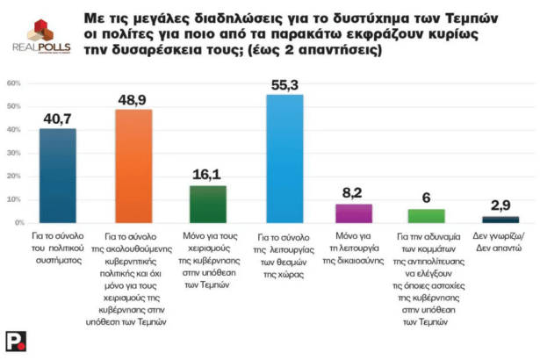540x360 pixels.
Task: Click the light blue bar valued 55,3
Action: (284, 159)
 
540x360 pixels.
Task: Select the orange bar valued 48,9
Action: (134, 166)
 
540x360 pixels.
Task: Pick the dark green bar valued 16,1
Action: (208, 204)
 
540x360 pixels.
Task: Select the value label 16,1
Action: (208, 174)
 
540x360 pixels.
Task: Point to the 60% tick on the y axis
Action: (14, 83)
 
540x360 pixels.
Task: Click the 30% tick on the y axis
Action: (14, 153)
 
